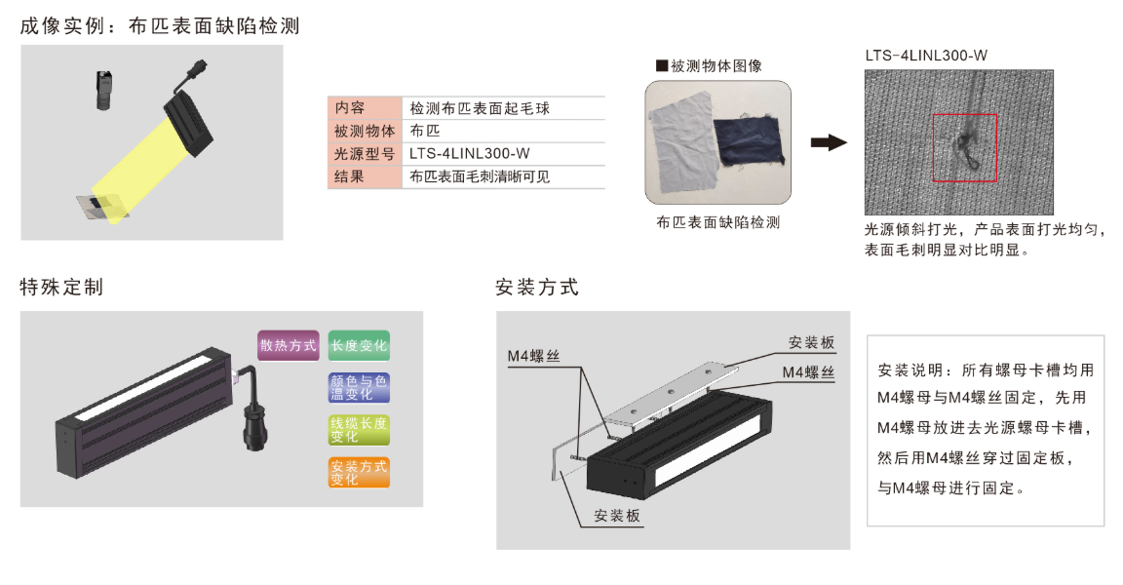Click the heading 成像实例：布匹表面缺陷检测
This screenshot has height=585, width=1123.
[160, 26]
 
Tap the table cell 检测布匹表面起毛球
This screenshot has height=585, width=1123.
[480, 108]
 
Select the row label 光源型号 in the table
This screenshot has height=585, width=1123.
[365, 154]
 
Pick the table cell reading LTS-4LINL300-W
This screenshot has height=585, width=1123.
[469, 154]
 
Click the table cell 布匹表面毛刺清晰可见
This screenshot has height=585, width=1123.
[480, 177]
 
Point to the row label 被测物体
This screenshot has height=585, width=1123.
[365, 132]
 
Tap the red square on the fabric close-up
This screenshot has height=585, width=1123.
[964, 148]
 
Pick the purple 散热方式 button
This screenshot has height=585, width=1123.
[289, 345]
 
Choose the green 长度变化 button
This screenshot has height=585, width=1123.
[359, 345]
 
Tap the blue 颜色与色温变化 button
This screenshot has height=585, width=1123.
[359, 387]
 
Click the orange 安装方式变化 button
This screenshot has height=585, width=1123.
[359, 472]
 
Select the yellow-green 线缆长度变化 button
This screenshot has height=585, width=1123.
[359, 430]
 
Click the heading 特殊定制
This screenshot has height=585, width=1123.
[61, 288]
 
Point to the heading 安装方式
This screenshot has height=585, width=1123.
[537, 288]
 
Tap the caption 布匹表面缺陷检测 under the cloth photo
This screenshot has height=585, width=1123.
[718, 222]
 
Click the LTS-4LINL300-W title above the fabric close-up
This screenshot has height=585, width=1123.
[926, 56]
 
